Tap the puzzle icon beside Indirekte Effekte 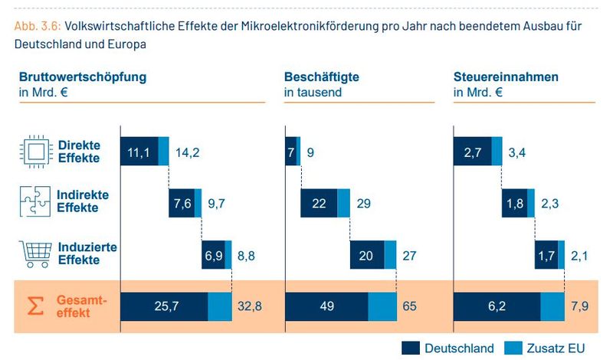click(x=34, y=202)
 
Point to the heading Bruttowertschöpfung click(x=83, y=77)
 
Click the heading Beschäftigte click(x=321, y=77)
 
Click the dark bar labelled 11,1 click(x=139, y=152)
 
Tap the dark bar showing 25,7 click(x=164, y=306)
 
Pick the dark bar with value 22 click(x=319, y=203)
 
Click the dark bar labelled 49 click(x=326, y=306)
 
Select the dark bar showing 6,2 click(x=497, y=306)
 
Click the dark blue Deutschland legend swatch click(x=411, y=348)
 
